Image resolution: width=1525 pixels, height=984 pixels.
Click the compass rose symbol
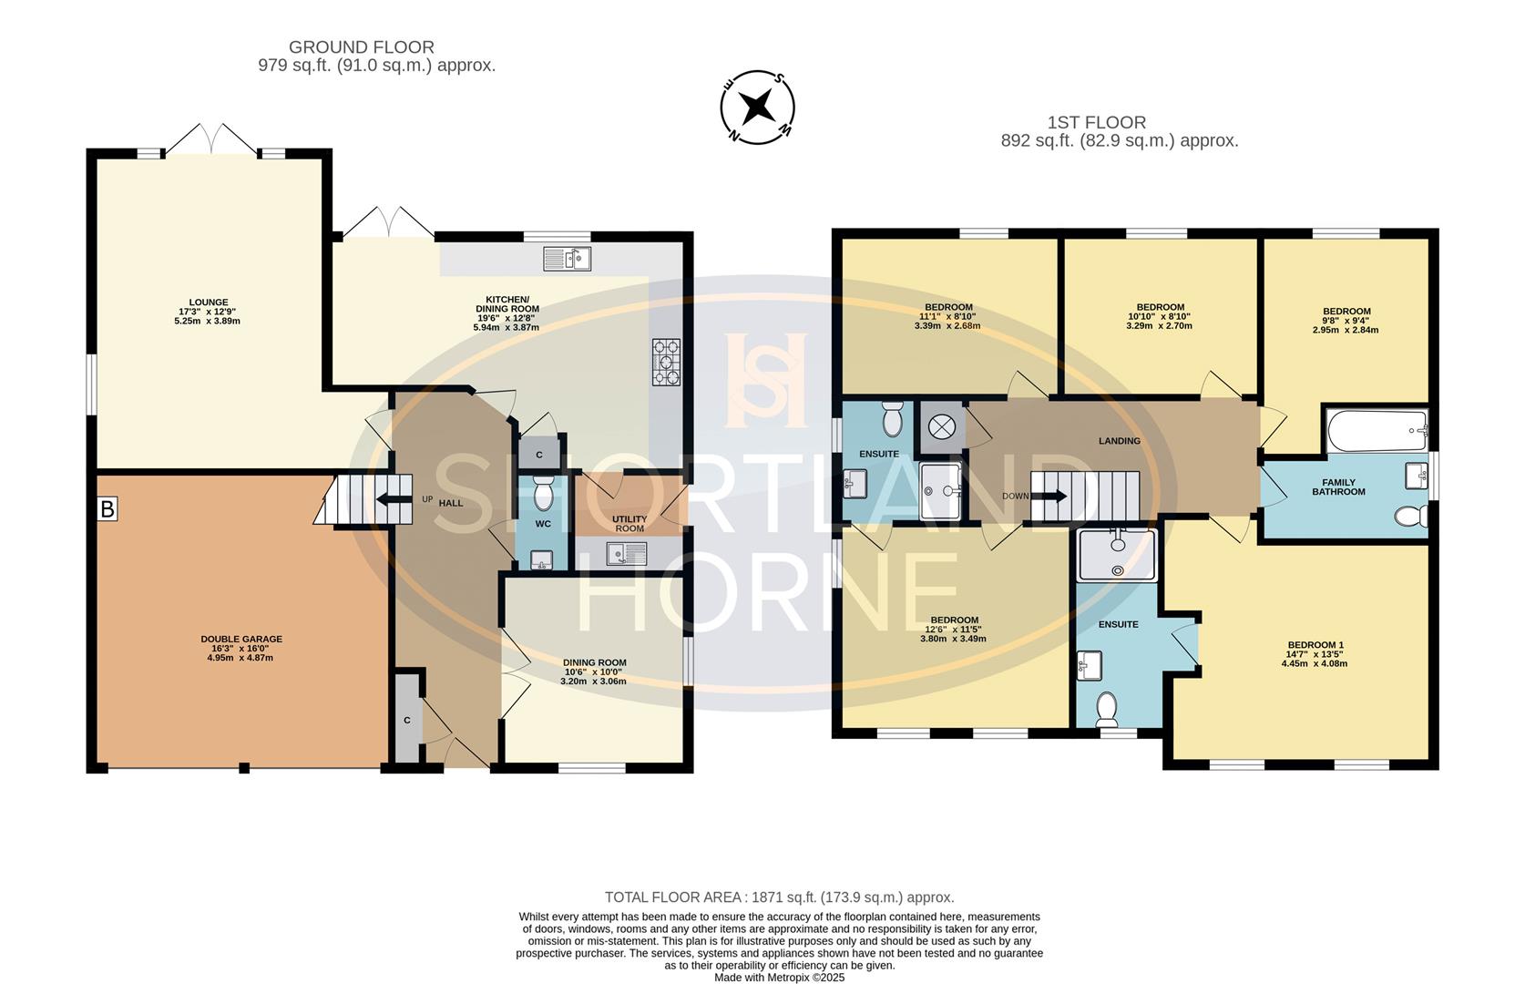(757, 108)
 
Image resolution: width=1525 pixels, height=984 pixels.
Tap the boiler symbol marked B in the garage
(107, 508)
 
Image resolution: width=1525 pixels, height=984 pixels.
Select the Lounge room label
(209, 302)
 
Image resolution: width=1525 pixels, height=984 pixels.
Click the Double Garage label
(241, 640)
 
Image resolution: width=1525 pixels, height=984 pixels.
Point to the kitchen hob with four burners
(666, 363)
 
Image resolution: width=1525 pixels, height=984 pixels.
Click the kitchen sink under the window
(568, 259)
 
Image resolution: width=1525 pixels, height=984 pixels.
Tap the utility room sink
(627, 553)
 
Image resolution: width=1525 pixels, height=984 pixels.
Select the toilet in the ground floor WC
(543, 493)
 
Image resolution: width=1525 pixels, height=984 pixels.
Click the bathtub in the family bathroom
(1376, 430)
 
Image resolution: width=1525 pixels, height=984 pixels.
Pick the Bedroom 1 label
(1315, 645)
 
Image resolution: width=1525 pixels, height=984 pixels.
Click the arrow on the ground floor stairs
(394, 500)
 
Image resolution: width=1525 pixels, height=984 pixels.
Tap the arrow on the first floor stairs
(1049, 496)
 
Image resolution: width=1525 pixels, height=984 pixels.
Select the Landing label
(1120, 441)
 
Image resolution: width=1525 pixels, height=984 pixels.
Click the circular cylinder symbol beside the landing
(942, 427)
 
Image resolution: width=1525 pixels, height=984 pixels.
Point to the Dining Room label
(594, 662)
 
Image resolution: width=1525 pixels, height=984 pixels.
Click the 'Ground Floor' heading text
(362, 47)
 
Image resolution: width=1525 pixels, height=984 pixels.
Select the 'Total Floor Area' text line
(780, 897)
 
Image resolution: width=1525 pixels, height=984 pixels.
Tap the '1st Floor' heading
(1096, 123)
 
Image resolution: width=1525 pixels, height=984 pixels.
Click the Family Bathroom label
(1338, 487)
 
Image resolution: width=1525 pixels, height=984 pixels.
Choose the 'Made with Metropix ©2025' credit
(780, 978)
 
